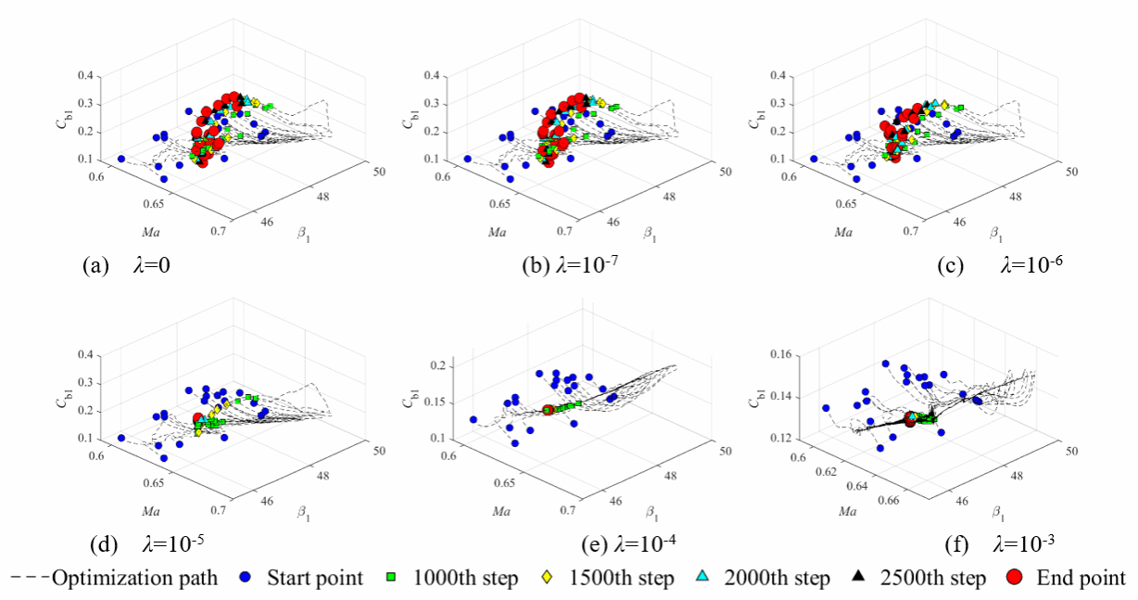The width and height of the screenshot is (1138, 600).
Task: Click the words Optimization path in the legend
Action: point(134,578)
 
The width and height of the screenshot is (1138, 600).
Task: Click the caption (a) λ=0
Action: point(126,265)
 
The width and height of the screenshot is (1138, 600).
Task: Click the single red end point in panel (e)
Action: point(548,409)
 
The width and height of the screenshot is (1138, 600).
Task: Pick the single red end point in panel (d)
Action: point(197,419)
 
